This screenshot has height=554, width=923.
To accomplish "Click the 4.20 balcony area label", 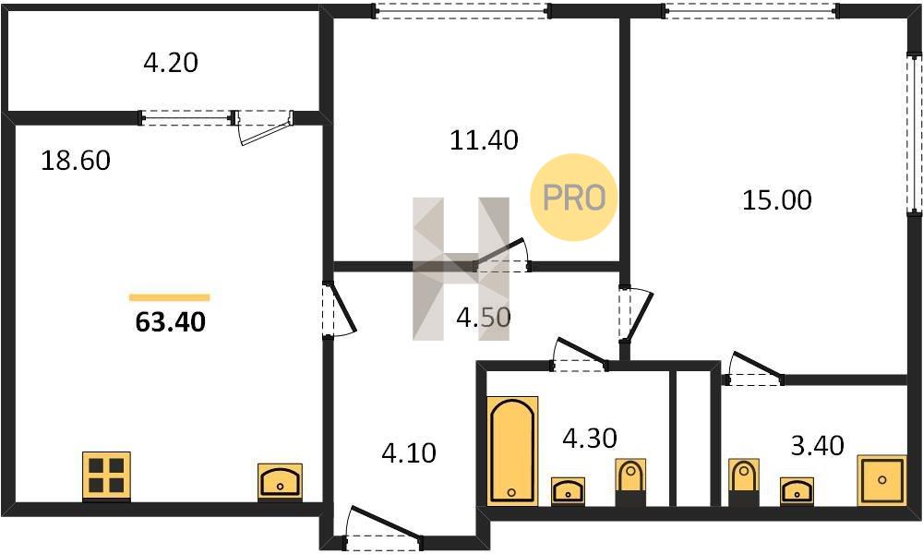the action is click(x=171, y=63).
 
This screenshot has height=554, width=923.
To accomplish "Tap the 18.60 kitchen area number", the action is click(x=76, y=160).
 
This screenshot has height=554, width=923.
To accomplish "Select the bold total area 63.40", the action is click(x=171, y=322).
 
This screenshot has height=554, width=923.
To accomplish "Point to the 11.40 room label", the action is click(x=484, y=140).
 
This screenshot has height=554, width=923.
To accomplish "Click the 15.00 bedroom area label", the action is click(x=777, y=200).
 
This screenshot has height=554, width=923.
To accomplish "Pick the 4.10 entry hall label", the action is click(x=409, y=453).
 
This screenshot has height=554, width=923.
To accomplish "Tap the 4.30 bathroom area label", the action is click(x=590, y=438).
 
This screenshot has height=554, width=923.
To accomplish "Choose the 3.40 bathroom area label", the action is click(x=818, y=446).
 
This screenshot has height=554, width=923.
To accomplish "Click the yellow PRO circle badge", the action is click(x=573, y=198).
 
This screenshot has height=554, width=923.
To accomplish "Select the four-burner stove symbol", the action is click(x=106, y=476).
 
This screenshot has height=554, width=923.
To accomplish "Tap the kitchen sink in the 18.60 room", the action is click(x=281, y=482).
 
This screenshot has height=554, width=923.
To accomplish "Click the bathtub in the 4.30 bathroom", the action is click(x=512, y=451).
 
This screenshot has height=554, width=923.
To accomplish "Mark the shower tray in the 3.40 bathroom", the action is click(x=881, y=480).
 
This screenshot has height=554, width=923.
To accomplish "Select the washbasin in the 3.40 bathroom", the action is click(x=797, y=491).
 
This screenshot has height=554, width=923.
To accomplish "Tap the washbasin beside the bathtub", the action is click(x=568, y=491).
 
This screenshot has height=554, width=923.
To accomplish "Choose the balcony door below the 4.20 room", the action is click(x=264, y=126).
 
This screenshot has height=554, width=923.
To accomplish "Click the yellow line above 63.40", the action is click(x=170, y=297).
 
